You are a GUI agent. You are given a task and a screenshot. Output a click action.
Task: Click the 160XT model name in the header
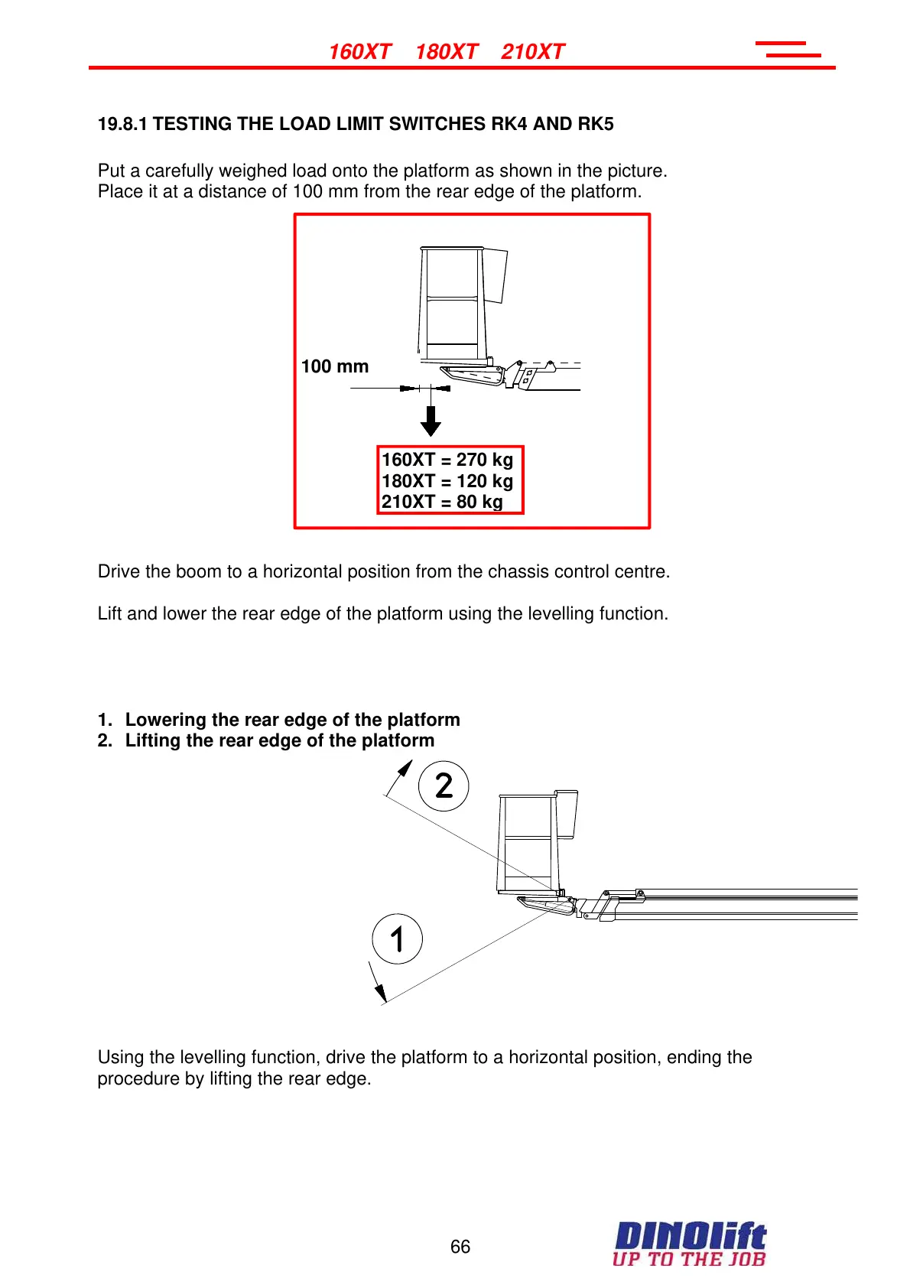(359, 52)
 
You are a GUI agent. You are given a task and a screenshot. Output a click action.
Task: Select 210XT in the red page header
(532, 52)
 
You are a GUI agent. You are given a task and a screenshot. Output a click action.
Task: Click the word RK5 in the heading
(596, 124)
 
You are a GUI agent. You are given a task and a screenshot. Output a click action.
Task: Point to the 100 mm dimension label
(335, 366)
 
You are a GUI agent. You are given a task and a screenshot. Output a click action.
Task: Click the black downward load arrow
(431, 421)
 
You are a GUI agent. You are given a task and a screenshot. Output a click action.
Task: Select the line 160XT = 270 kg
(447, 460)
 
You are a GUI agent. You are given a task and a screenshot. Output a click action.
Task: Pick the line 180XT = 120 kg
(447, 481)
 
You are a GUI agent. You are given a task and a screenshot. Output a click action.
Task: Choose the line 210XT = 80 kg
(442, 502)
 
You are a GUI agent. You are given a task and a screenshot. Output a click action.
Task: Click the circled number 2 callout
(444, 786)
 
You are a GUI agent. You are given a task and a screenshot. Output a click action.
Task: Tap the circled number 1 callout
(397, 938)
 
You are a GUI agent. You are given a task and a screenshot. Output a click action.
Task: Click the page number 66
(460, 1247)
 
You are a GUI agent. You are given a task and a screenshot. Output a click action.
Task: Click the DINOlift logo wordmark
(690, 1236)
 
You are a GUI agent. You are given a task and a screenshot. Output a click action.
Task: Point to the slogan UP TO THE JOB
(689, 1259)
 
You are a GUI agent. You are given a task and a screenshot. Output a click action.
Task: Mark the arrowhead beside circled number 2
(405, 768)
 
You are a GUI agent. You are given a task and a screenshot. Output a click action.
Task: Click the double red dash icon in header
(789, 50)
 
